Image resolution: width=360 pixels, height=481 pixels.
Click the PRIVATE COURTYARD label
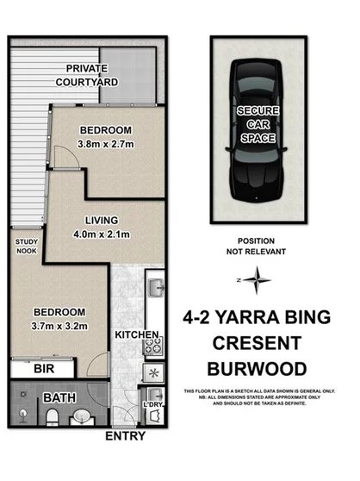click(x=92, y=76)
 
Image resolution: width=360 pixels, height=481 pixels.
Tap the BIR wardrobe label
click(x=40, y=368)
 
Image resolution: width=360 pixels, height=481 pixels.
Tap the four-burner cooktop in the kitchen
click(x=152, y=347)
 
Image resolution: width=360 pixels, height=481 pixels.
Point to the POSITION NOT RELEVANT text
click(x=256, y=247)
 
